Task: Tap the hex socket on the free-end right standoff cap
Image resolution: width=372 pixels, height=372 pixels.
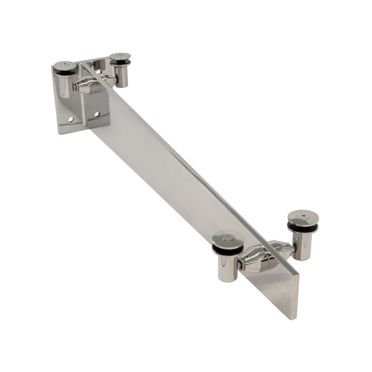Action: point(303,215)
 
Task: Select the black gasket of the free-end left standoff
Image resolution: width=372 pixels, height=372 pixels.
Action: point(227,250)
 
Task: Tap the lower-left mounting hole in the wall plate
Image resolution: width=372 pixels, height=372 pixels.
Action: point(71,120)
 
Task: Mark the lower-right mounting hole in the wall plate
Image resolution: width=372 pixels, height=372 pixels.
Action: point(97,113)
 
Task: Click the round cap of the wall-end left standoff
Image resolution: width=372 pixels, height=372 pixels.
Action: point(65,66)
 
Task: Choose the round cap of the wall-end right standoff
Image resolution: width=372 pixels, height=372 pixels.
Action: point(120,57)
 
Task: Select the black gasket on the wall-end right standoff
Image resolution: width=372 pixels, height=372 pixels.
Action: point(120,63)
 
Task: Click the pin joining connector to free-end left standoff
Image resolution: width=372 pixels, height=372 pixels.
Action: point(239,266)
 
